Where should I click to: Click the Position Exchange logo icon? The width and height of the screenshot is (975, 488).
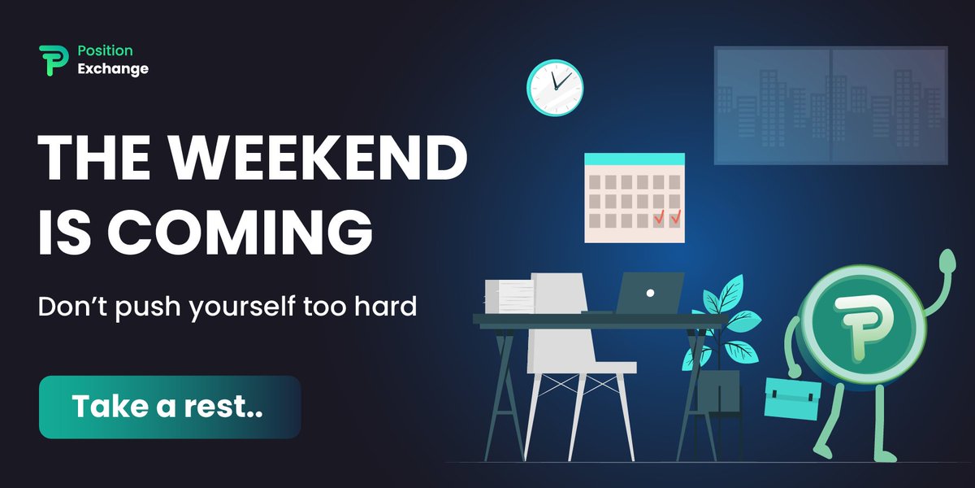click(x=51, y=60)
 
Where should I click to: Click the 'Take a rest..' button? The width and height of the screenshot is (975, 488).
click(x=170, y=407)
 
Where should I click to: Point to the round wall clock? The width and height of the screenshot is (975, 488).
click(x=555, y=87)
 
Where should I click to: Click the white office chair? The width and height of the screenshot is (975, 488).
click(x=569, y=342)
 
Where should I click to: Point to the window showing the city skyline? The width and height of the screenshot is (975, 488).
click(x=830, y=106)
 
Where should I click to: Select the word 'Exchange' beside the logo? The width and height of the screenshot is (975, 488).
click(x=113, y=69)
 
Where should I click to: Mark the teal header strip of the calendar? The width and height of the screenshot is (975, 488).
click(x=634, y=159)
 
